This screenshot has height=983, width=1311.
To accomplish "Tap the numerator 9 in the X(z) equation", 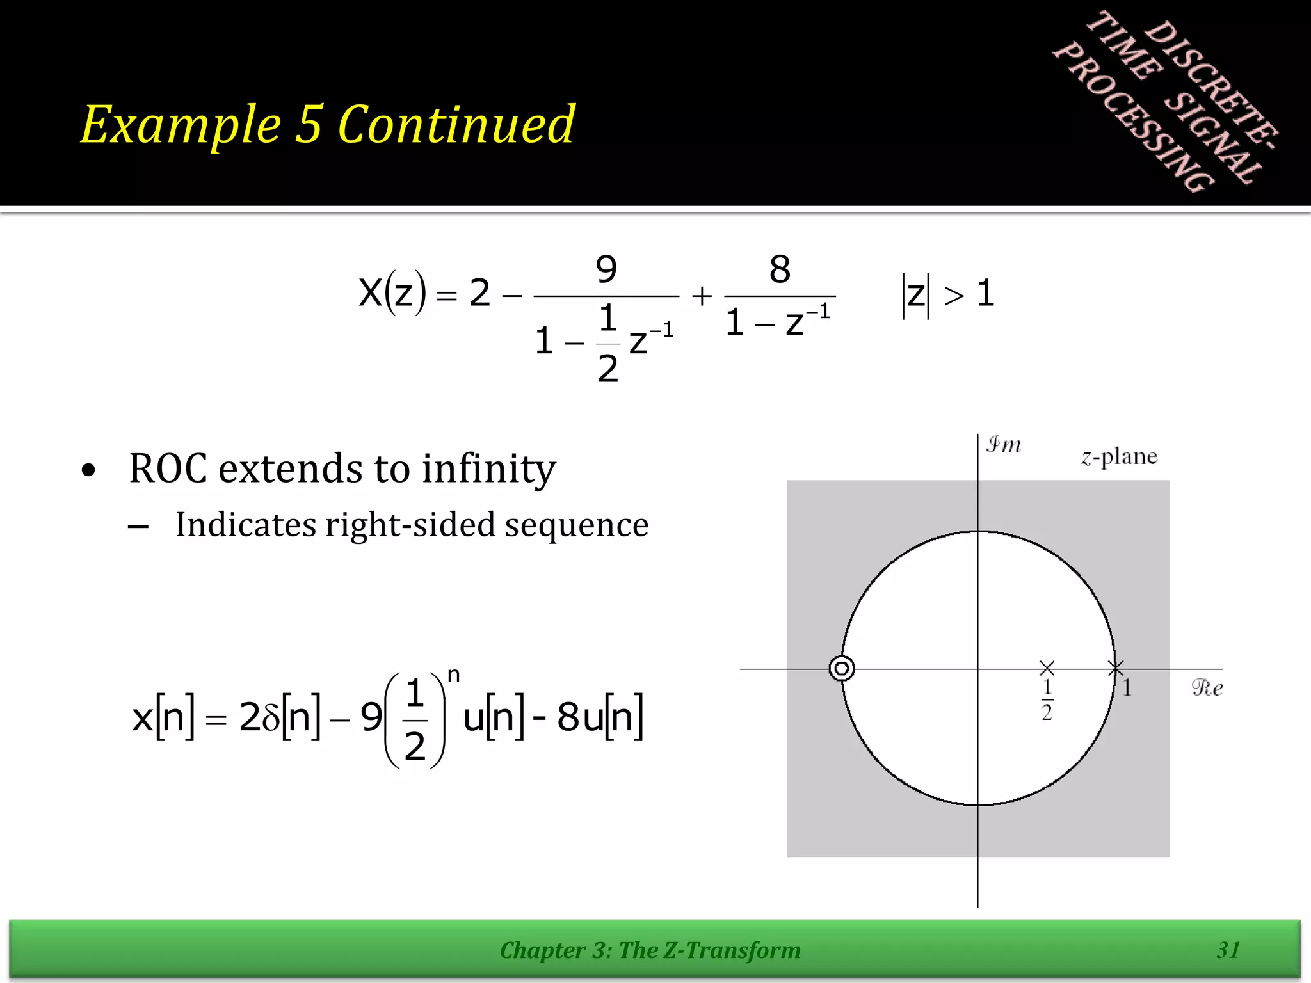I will [x=606, y=269].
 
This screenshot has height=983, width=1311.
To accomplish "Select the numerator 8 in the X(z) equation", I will [x=780, y=269].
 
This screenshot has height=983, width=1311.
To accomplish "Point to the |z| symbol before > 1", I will [x=916, y=295].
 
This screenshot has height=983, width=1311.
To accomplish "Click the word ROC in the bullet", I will [x=168, y=468].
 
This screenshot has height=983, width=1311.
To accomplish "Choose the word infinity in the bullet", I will [x=489, y=470].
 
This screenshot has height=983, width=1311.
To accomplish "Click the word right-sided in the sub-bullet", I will [x=410, y=525].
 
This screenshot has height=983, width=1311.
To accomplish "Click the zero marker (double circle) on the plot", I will [x=842, y=669].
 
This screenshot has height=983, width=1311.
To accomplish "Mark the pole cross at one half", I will [x=1047, y=669].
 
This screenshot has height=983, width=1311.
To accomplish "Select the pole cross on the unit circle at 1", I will [x=1116, y=669].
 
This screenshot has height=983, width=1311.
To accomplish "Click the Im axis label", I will [x=1003, y=445].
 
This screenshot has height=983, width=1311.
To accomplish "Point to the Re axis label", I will [x=1207, y=688].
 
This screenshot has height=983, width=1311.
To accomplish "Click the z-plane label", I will [x=1120, y=457].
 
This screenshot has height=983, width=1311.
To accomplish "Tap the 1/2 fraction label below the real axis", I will [x=1047, y=699].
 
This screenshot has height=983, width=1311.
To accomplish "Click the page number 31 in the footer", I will [x=1228, y=950].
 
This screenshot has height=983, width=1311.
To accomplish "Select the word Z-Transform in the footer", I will [x=732, y=950].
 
